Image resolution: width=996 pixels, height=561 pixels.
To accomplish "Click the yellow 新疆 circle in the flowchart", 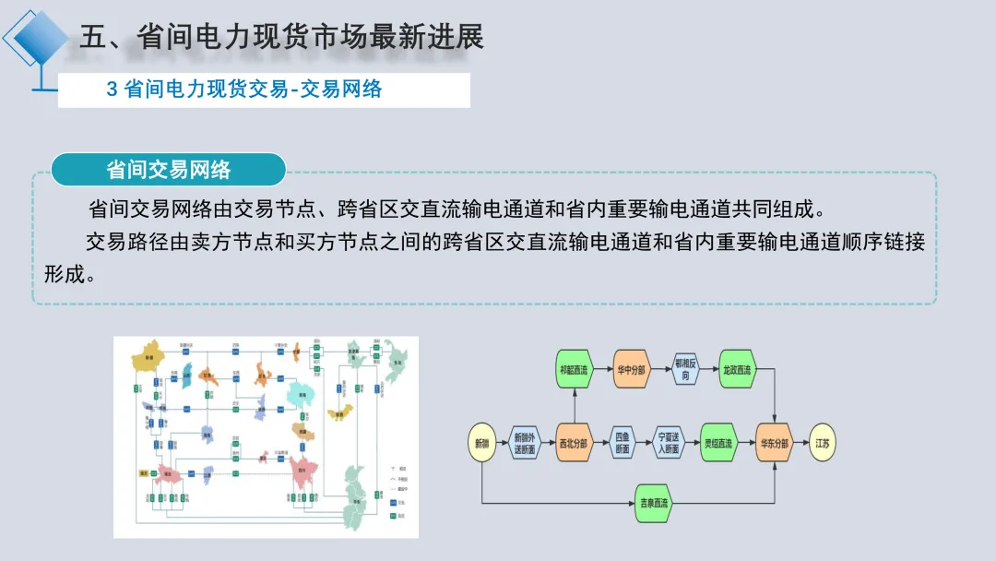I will [x=482, y=444].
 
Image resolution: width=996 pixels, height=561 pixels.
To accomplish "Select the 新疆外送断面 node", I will [x=525, y=444].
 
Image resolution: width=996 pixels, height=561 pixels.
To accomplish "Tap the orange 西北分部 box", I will [x=572, y=444].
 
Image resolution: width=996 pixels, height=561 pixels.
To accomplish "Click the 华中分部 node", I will [x=631, y=370].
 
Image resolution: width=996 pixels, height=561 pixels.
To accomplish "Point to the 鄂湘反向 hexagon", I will [x=684, y=370].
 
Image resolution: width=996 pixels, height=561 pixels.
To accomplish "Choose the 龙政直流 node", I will [x=737, y=370].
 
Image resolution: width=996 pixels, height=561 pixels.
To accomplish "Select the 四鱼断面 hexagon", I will [x=621, y=444].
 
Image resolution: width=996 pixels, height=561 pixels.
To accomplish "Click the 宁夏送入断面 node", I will [x=669, y=444].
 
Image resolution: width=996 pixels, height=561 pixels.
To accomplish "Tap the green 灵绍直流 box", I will [x=717, y=444].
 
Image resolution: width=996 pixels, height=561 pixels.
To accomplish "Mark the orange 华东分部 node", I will [x=774, y=444].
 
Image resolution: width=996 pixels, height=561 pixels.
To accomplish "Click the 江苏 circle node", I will [x=823, y=444].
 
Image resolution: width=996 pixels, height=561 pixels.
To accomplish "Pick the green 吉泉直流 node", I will [x=655, y=503].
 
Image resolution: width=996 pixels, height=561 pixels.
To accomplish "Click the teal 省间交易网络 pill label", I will [x=168, y=171].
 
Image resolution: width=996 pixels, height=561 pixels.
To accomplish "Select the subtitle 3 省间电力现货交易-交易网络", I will [x=244, y=90].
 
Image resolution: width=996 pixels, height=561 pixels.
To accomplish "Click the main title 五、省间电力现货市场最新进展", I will [x=281, y=37].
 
